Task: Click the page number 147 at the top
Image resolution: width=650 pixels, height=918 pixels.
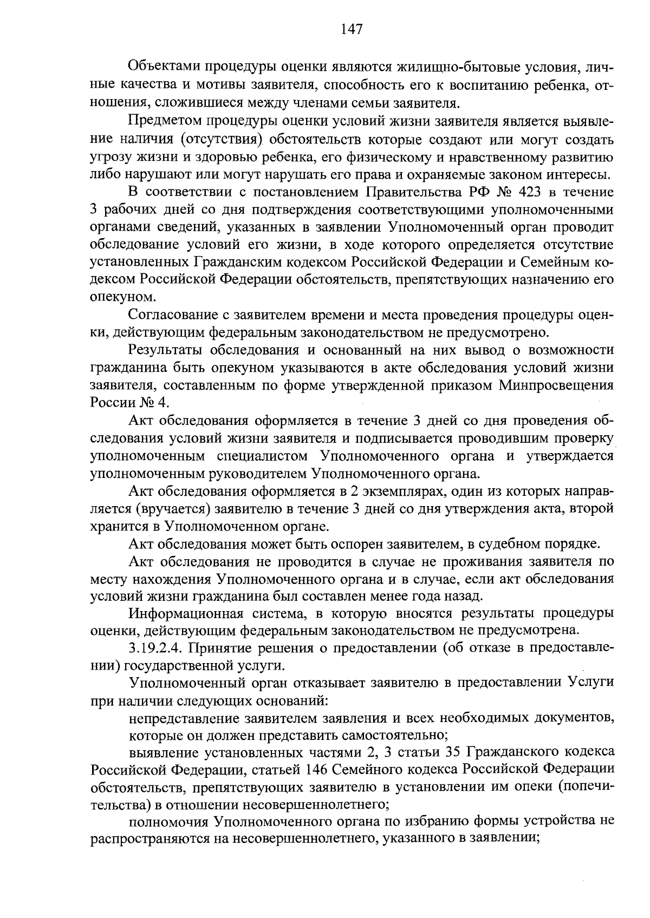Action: pos(352,29)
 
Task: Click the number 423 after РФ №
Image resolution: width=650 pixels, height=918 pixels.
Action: pos(532,192)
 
